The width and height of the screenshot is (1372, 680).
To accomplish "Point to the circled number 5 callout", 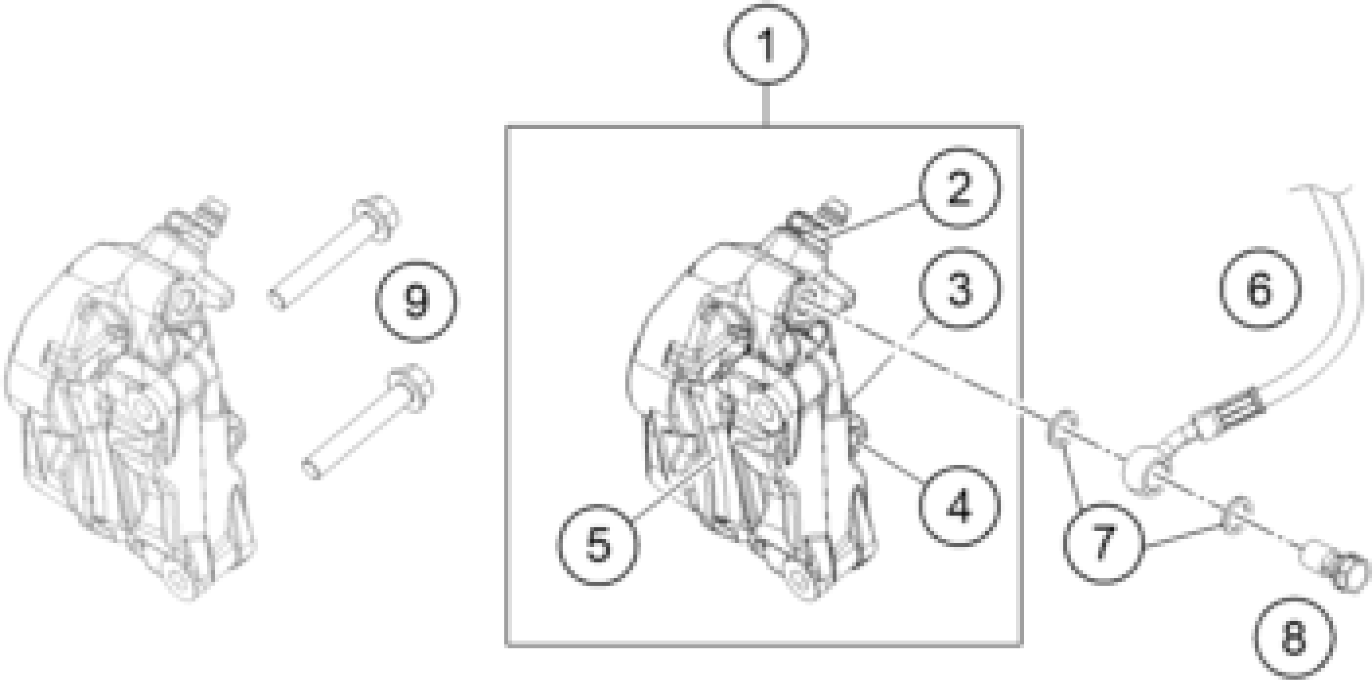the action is coord(598,545).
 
